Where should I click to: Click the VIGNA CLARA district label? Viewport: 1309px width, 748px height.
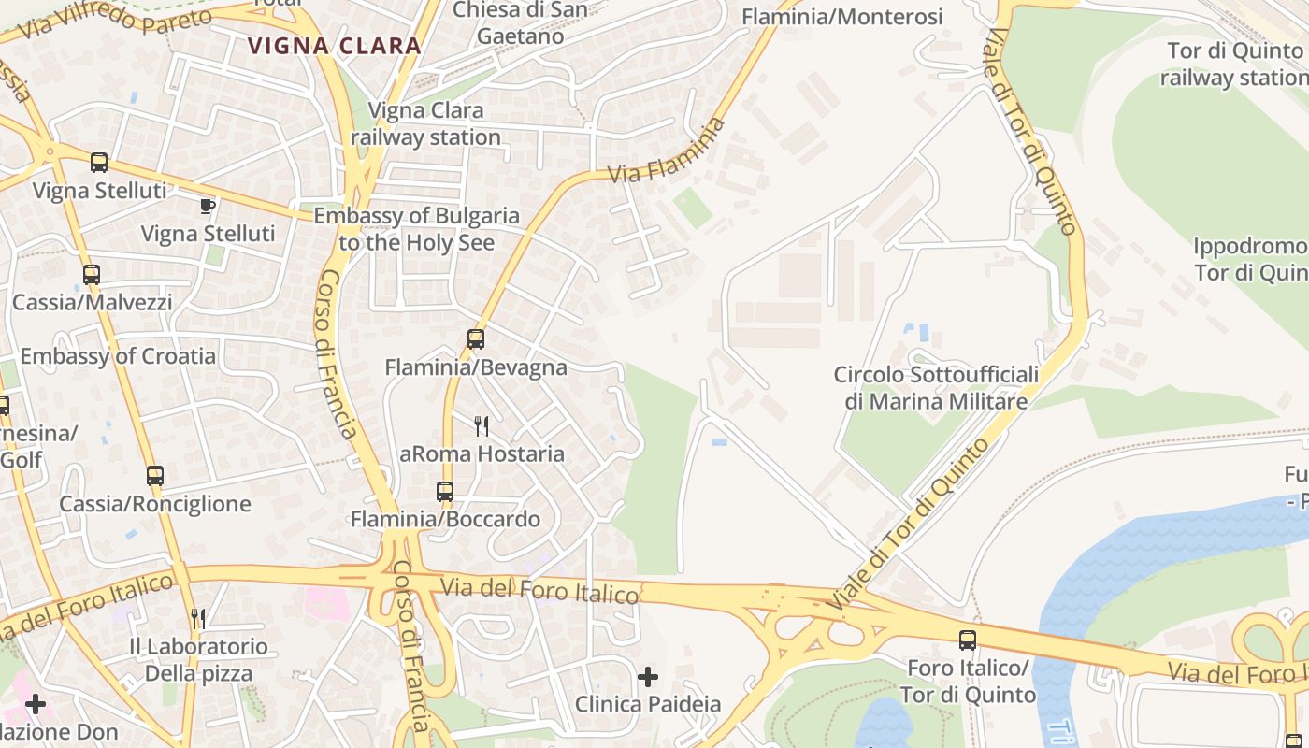[334, 45]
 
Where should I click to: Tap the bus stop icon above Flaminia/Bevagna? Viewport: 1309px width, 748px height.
[476, 339]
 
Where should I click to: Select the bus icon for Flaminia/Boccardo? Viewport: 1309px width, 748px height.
[445, 492]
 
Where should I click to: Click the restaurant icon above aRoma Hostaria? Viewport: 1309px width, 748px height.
[482, 426]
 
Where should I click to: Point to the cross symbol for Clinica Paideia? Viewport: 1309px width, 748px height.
[647, 676]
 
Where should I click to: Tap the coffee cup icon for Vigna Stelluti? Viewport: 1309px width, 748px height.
[208, 206]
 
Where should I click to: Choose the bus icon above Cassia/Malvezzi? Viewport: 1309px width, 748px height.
[91, 275]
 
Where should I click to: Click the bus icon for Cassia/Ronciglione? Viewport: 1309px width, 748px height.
[155, 476]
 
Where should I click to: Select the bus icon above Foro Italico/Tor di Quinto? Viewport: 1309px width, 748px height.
[968, 640]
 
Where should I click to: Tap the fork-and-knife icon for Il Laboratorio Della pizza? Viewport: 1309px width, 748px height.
[198, 618]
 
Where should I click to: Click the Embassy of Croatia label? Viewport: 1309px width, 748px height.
[118, 356]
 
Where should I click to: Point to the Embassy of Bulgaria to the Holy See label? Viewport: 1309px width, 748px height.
[416, 229]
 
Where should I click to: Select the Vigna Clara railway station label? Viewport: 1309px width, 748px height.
[426, 123]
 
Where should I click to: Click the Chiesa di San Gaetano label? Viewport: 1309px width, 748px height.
[520, 23]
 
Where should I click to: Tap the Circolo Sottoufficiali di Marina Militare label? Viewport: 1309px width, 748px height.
[936, 388]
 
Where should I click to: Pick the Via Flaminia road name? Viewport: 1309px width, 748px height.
[666, 151]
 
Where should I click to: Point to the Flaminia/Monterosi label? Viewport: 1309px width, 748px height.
[841, 17]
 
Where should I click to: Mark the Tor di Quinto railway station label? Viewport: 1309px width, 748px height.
[1234, 64]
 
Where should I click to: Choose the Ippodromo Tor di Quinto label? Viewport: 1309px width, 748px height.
[1251, 259]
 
